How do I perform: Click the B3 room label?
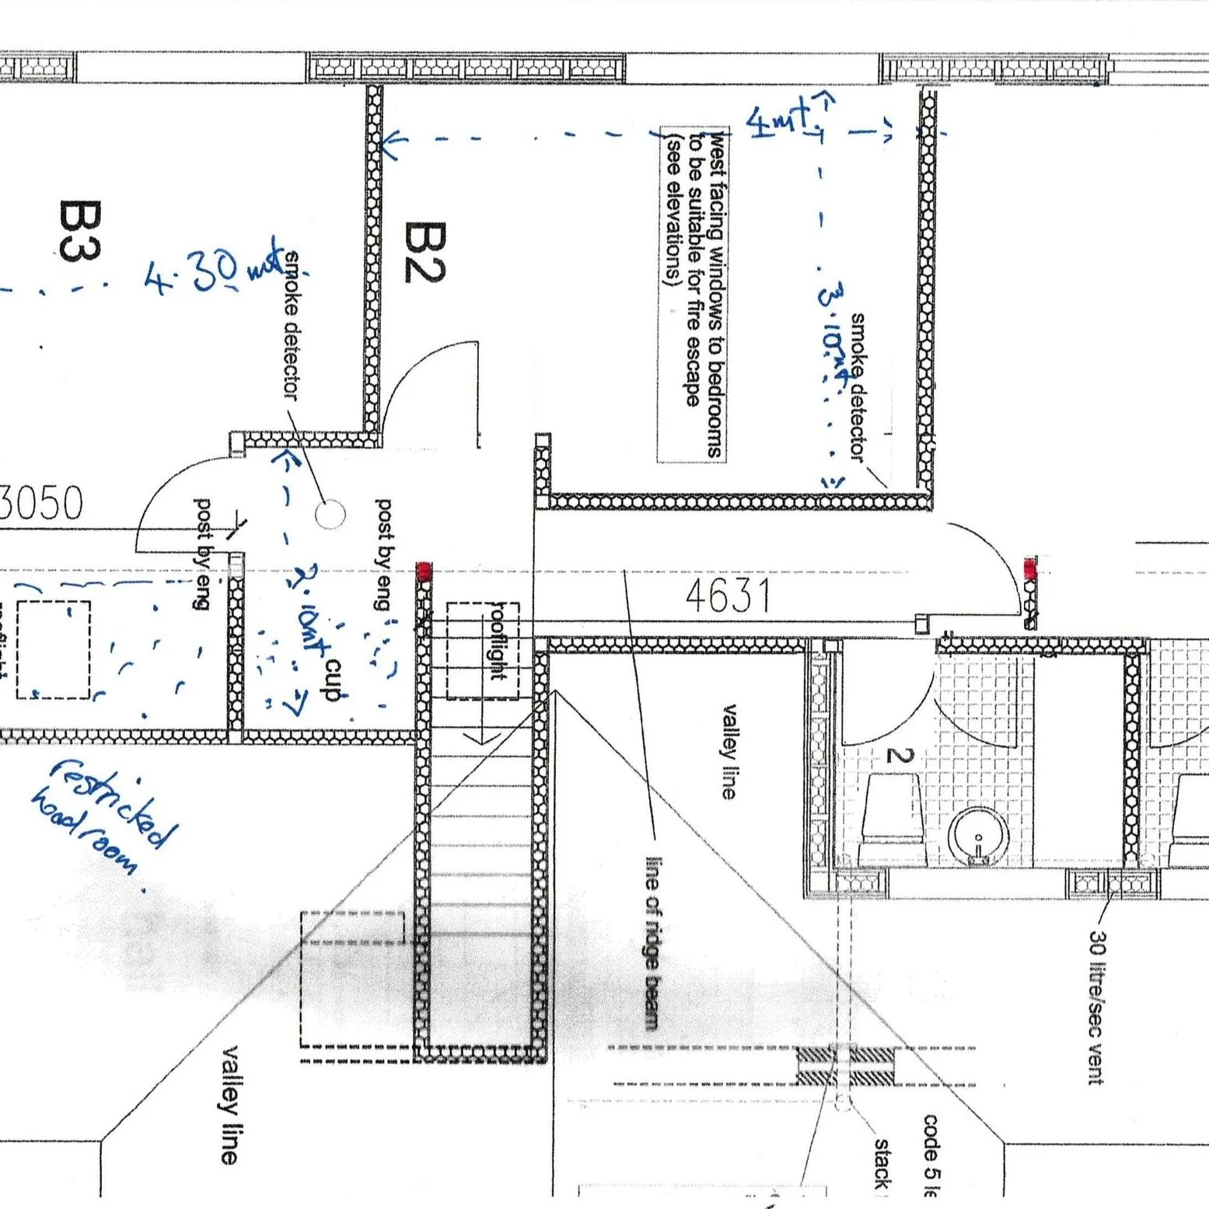(79, 231)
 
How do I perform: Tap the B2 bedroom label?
(425, 252)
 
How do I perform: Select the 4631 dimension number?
(728, 596)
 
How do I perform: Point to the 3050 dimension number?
(40, 503)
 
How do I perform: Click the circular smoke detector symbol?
(330, 514)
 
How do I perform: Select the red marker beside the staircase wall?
(424, 573)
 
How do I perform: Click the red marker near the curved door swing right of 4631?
(1030, 569)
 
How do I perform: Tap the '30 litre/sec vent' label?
(1096, 1007)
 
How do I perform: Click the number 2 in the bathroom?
(900, 755)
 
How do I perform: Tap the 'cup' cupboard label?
(334, 681)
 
